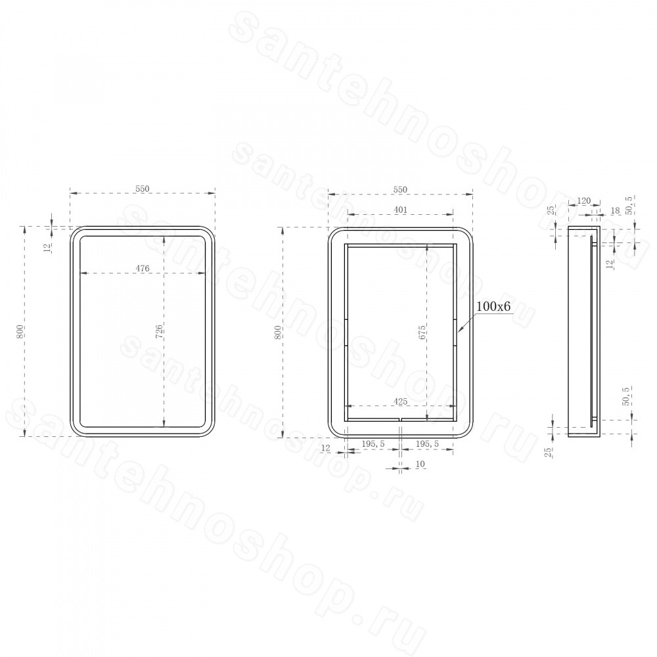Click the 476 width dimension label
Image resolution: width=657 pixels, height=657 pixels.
(x=143, y=268)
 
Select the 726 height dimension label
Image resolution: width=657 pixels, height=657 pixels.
(x=159, y=331)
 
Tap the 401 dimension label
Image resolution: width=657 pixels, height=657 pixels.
(x=401, y=210)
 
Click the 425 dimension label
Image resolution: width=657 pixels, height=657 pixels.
(x=401, y=401)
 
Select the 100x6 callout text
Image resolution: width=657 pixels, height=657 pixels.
(x=494, y=306)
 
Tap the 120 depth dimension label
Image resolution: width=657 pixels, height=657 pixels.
(x=583, y=200)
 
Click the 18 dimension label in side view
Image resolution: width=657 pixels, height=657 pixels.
(x=615, y=211)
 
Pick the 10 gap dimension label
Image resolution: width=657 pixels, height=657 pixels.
(x=420, y=464)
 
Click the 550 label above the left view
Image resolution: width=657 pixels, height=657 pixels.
(x=143, y=189)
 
